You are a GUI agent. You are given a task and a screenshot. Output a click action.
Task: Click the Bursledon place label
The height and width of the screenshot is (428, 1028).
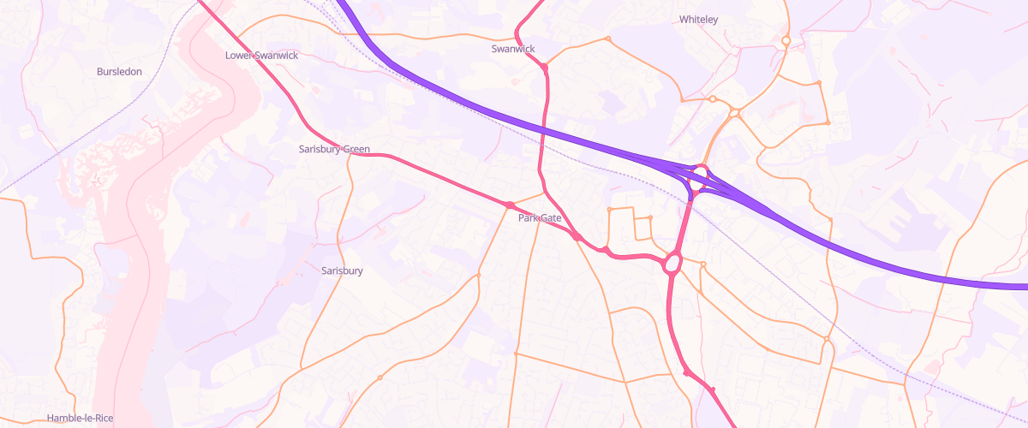pos(119,72)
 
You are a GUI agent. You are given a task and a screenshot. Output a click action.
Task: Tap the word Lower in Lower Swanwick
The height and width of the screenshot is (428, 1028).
pos(240,55)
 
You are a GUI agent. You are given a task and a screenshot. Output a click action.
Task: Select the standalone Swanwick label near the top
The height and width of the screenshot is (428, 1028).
pos(513,49)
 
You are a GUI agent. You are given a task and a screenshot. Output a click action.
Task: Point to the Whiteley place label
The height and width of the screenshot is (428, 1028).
pos(698,19)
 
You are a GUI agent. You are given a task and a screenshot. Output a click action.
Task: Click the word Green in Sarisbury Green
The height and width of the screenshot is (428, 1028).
pos(356,149)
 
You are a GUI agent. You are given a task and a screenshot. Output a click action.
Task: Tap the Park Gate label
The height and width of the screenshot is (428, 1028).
pos(540,218)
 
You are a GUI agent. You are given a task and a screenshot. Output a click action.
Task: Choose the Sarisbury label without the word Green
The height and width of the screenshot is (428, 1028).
pos(342,270)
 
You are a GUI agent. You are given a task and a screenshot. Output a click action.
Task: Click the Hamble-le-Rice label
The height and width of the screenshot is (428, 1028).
pos(81,419)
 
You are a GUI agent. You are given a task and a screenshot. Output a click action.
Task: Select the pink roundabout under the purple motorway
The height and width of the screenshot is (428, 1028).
pos(700,175)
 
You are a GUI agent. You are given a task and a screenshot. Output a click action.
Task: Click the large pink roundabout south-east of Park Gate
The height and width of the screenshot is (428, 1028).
pos(672,262)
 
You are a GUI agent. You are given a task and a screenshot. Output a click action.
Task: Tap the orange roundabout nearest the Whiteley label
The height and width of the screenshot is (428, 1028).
pos(786,40)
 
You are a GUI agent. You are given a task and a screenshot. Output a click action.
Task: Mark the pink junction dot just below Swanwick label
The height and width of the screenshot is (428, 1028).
pos(544,66)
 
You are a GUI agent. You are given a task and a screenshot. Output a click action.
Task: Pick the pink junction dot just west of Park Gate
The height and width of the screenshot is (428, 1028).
pos(510,205)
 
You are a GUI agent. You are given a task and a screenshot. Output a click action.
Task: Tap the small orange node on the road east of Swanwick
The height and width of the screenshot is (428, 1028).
pos(607,39)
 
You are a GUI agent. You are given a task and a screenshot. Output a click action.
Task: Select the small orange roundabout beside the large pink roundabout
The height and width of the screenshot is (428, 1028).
pos(702,264)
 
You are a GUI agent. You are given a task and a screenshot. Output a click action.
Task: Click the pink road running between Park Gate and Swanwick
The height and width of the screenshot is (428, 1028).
pos(541,137)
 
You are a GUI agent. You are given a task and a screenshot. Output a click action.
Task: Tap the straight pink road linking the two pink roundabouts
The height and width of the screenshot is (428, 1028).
pos(685,218)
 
